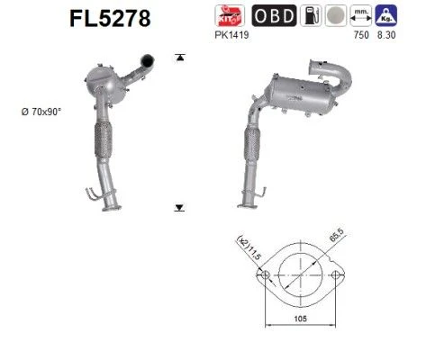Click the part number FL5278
coord(110,19)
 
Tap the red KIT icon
coord(230,15)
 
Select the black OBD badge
coord(274,15)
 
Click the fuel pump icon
coord(311,15)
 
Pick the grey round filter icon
coord(336,15)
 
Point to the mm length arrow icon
coord(361,15)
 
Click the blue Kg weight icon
coord(386,15)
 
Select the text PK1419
coord(231,35)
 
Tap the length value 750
coord(361,35)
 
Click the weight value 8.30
coord(386,35)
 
